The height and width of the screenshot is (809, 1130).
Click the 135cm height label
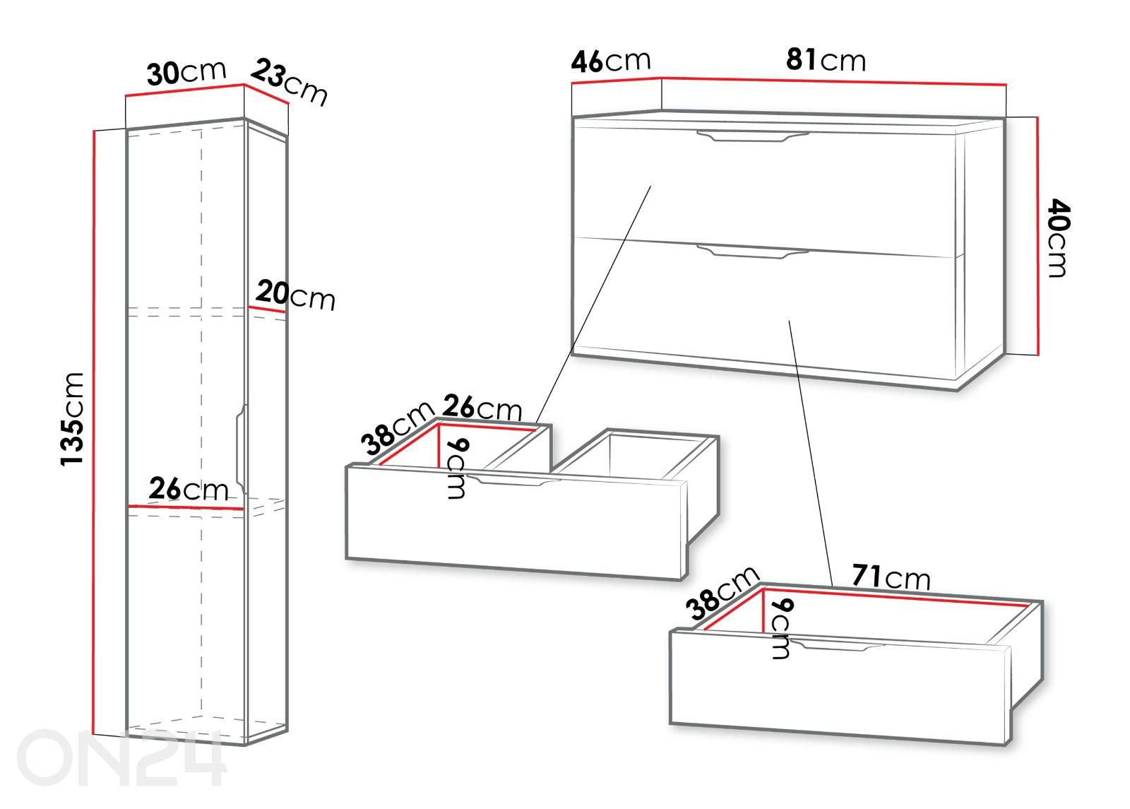tap(72, 419)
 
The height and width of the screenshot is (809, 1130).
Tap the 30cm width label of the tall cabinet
tap(186, 73)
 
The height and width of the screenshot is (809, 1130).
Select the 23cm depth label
tap(289, 82)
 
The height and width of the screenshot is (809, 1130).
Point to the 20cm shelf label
tap(295, 296)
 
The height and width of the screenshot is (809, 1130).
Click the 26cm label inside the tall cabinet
tap(188, 488)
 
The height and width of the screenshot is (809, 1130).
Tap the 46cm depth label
tap(610, 61)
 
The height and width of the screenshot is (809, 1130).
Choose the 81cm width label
tap(826, 59)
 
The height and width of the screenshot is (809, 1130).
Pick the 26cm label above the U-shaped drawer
tap(482, 407)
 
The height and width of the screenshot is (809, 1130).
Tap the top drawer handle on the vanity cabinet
tap(753, 136)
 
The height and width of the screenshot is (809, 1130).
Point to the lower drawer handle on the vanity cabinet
tap(753, 252)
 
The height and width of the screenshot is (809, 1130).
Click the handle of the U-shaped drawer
tap(513, 480)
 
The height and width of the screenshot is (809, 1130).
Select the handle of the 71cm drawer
tap(836, 644)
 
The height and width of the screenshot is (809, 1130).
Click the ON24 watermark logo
tap(121, 757)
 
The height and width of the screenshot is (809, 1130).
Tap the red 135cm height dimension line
tap(94, 432)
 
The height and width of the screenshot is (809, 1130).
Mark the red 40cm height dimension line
tap(1037, 236)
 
